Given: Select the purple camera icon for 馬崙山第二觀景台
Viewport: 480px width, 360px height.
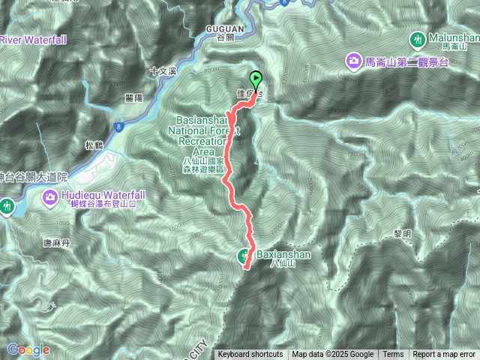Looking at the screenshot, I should (352, 59).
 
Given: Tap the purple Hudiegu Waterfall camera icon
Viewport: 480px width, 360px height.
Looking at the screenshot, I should (50, 196).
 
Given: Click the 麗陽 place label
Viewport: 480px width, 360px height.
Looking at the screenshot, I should (134, 98).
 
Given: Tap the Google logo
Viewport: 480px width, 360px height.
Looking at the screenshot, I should (28, 349).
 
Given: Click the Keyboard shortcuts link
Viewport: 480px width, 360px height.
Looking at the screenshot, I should (250, 355).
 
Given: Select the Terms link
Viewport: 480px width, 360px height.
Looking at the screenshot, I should (393, 355).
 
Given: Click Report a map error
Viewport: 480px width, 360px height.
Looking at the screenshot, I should (444, 355).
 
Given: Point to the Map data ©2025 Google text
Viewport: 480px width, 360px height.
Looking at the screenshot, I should (333, 355).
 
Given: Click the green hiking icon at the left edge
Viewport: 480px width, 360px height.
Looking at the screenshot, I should (7, 205).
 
